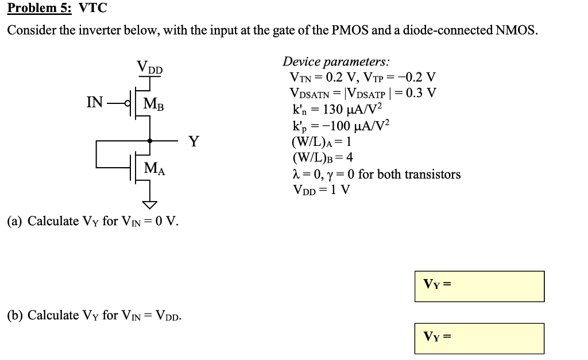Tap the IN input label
[95, 103]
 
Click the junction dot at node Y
[150, 140]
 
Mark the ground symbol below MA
[150, 204]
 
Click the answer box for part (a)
[479, 286]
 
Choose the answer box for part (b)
[479, 338]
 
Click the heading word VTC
[92, 9]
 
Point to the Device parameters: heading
[336, 61]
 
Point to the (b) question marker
[14, 315]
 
